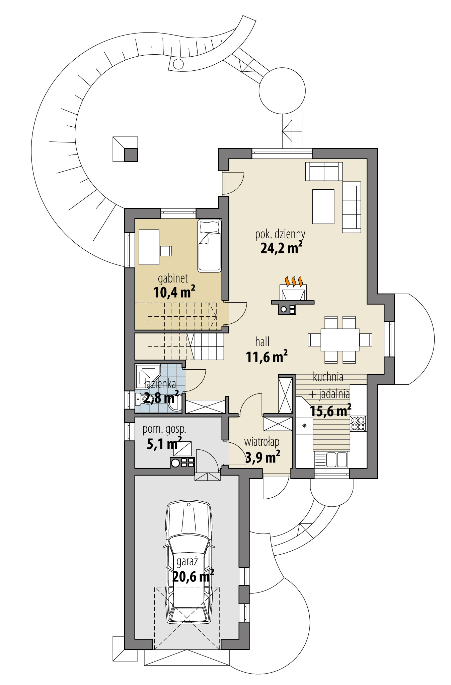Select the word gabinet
point(172,278)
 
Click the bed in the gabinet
point(209,245)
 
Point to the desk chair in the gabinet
point(166,251)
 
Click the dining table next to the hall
point(340,340)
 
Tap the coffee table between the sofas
point(323,206)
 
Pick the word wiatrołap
point(261,442)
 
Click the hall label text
point(262,342)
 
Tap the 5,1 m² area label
point(164,444)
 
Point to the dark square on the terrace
point(131,155)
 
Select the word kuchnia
point(328,377)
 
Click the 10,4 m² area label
point(174,292)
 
